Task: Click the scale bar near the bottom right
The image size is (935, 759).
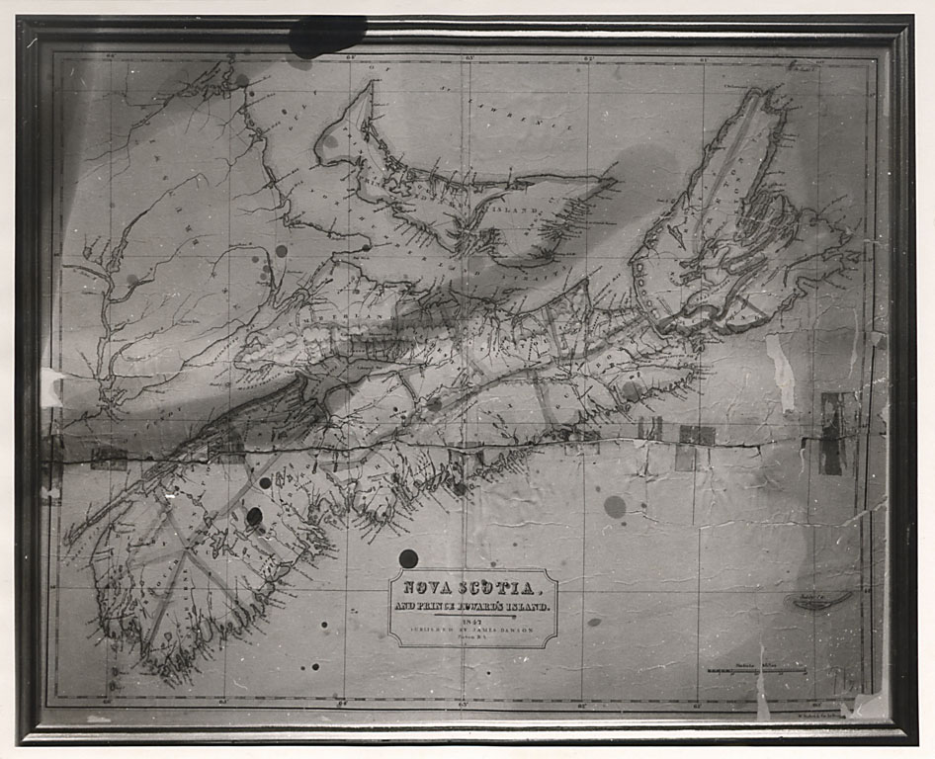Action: click(756, 672)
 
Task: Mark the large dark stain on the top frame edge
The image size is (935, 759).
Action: click(326, 37)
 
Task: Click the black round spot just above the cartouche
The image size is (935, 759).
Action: click(408, 558)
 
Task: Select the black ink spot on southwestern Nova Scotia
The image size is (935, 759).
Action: click(254, 516)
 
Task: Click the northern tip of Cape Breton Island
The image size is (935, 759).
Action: click(767, 94)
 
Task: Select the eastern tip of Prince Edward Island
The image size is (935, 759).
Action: click(613, 182)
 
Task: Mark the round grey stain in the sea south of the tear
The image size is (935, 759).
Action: click(614, 506)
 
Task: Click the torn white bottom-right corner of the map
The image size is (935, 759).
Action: click(870, 705)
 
